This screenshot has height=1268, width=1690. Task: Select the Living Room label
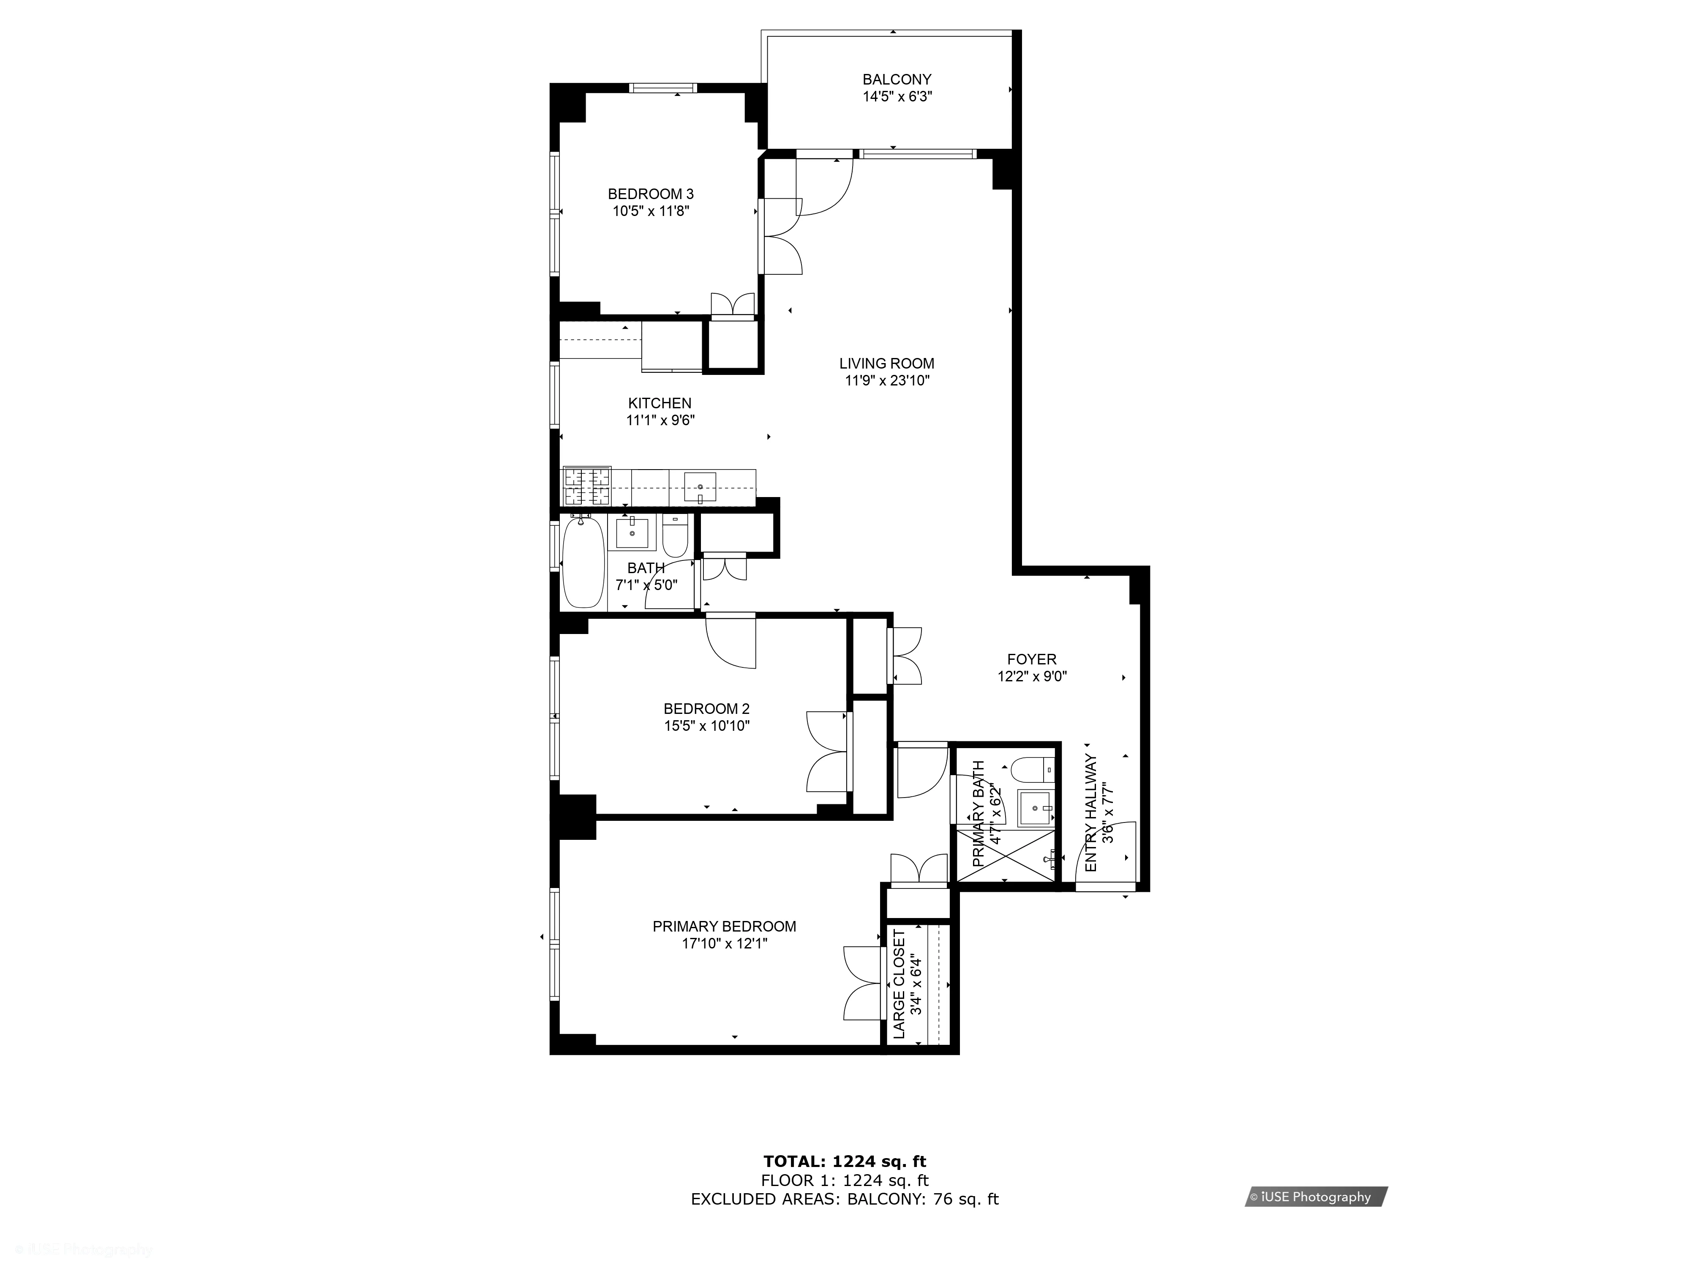[886, 364]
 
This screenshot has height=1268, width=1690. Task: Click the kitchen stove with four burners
[587, 486]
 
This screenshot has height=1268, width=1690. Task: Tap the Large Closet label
[899, 984]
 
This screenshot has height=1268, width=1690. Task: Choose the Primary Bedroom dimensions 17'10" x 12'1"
[724, 944]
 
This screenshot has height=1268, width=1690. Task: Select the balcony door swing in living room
[825, 187]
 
